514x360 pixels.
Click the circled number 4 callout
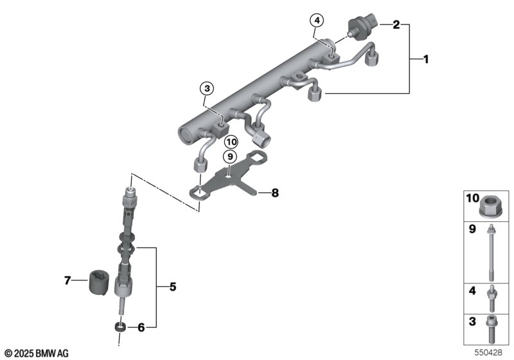point(317,21)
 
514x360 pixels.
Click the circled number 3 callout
point(207,88)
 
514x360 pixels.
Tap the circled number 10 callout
point(231,142)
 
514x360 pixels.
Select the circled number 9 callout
point(230,157)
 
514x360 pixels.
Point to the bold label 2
point(396,24)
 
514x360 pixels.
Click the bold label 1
point(426,59)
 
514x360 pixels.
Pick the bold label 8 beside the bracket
point(275,193)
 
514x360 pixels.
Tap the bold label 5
point(173,287)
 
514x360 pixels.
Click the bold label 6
point(141,327)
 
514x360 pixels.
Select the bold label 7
point(67,280)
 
